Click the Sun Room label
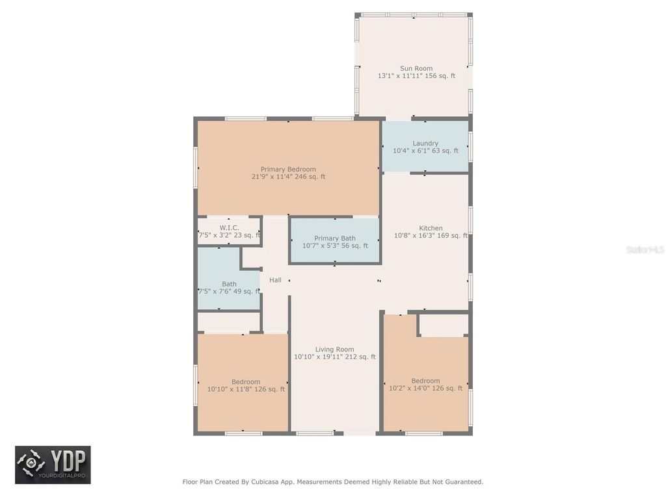pos(416,68)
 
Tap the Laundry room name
pos(425,143)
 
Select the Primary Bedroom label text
pos(288,169)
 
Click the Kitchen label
pos(431,228)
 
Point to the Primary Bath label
pos(335,238)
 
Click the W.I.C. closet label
pos(229,227)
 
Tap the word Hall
pos(275,280)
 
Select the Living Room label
pos(334,349)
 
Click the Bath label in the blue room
pos(229,284)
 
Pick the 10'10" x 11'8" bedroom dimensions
pos(246,389)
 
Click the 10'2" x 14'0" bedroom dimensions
pos(425,388)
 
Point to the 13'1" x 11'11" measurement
pos(416,76)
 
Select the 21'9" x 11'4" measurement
pos(288,177)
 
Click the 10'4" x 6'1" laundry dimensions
pos(425,151)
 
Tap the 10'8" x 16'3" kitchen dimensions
pos(431,236)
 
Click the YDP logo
pos(53,465)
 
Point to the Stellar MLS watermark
pos(645,249)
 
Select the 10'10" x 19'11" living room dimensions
pos(334,357)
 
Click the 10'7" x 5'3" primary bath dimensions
pos(335,246)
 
